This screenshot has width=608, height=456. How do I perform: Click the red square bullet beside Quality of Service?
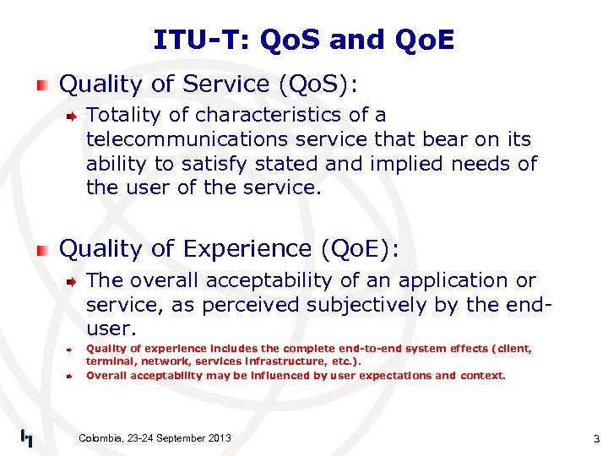(x=42, y=84)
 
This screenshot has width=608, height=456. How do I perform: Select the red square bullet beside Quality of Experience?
(x=42, y=249)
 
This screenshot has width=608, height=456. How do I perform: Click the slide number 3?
(x=595, y=438)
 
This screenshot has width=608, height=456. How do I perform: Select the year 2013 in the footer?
(x=217, y=437)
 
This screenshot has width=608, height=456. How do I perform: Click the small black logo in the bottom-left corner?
(x=26, y=437)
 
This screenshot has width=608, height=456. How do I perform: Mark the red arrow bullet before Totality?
(x=73, y=116)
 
